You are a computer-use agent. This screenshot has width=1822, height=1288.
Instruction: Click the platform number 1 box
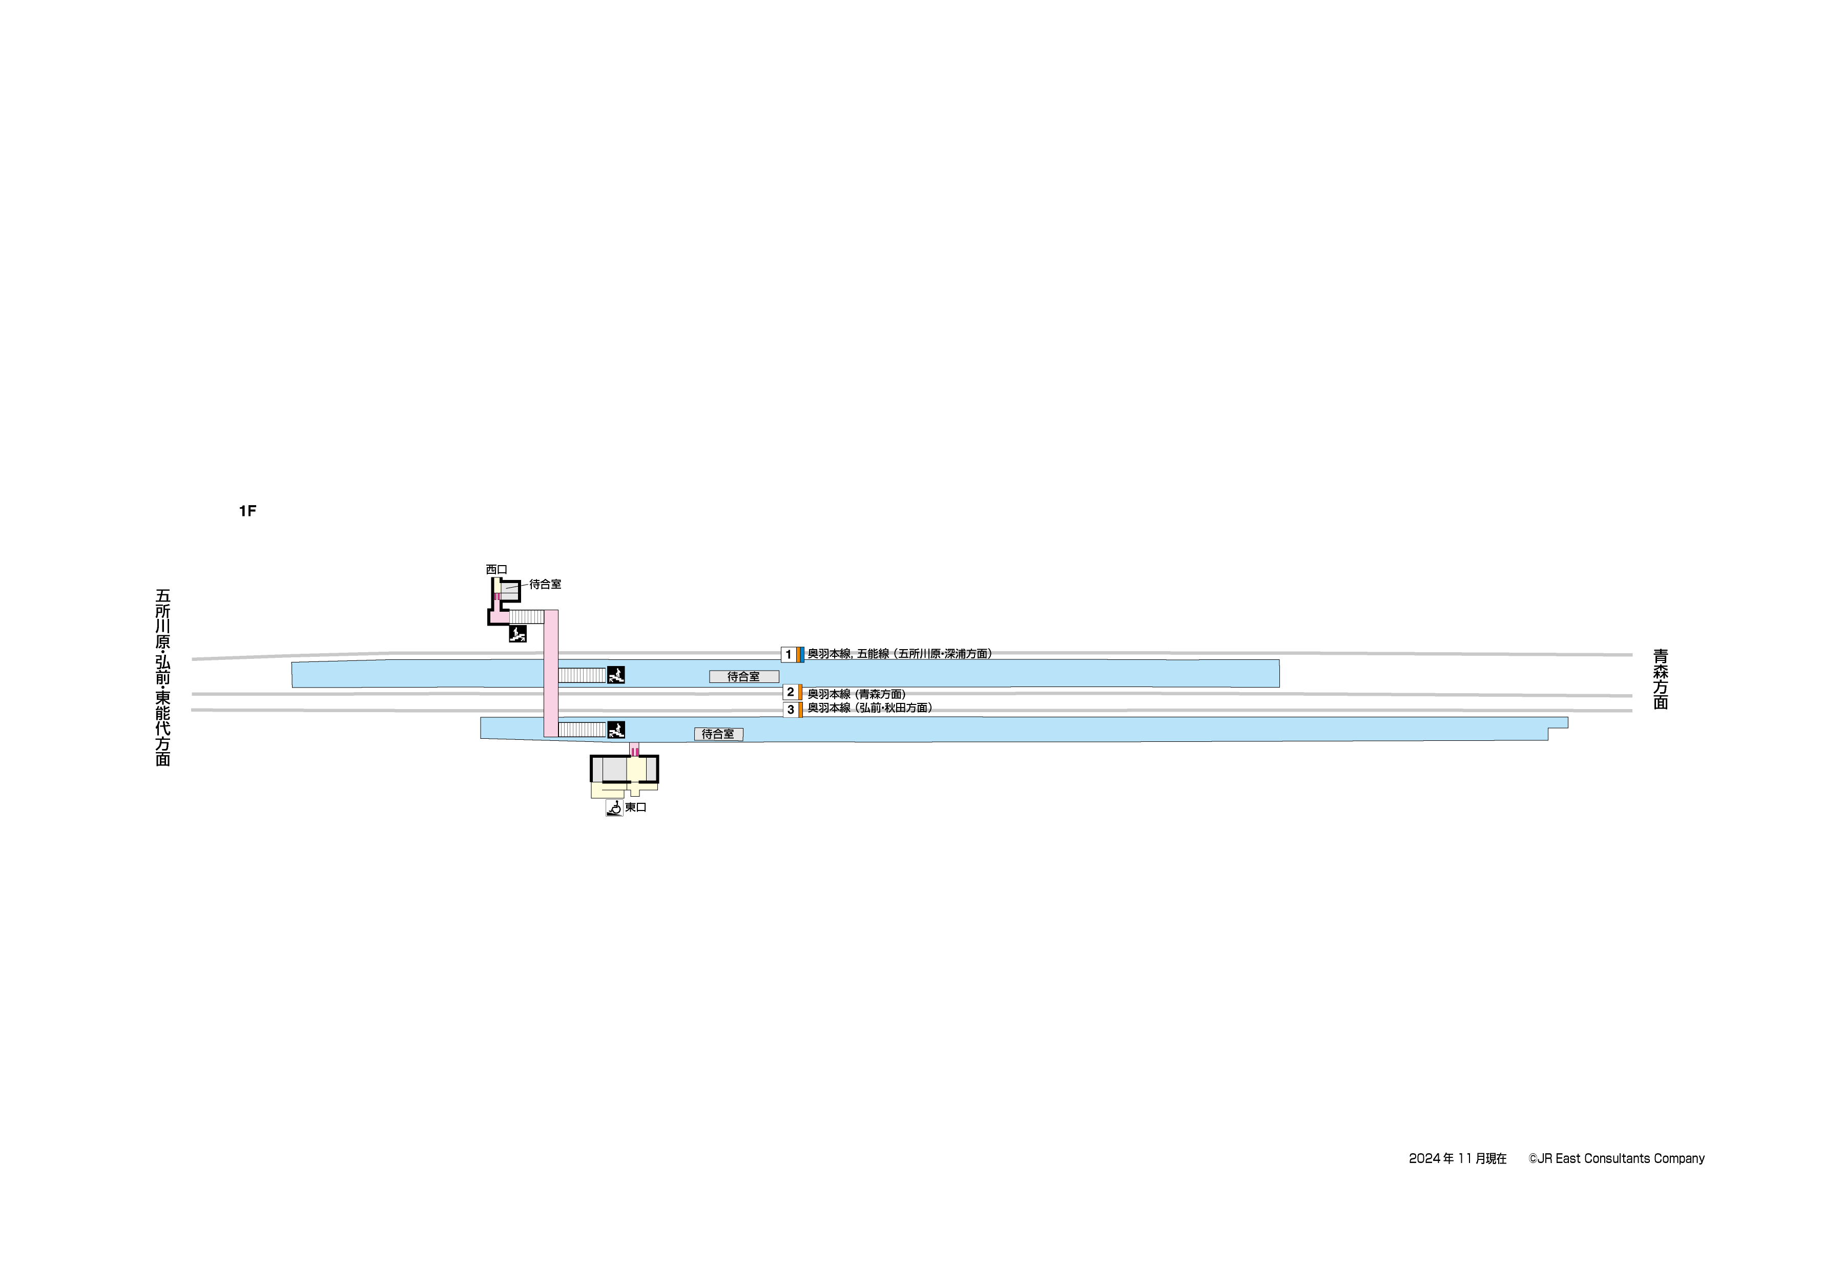788,655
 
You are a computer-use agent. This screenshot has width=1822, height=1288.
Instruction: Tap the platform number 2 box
791,692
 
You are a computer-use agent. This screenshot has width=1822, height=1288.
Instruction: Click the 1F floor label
247,511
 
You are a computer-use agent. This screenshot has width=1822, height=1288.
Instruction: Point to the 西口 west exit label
496,570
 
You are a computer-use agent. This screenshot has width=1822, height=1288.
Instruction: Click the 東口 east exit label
636,807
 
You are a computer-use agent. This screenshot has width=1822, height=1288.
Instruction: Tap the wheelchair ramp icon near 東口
614,808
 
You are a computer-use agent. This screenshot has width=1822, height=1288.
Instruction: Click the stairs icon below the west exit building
517,634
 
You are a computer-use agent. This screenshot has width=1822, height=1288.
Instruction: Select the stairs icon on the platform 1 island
616,675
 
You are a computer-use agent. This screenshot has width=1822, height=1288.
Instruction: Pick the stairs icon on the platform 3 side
616,730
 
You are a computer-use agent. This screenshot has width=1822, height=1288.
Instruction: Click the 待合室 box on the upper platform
743,677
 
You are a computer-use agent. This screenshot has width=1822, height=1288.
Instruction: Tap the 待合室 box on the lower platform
718,734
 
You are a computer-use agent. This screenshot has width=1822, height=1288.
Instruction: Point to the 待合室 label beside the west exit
545,584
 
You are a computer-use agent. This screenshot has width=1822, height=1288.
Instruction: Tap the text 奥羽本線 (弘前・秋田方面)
869,708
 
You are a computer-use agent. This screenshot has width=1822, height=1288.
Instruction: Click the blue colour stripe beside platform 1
802,655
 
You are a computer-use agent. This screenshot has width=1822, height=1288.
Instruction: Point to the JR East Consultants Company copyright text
1617,1159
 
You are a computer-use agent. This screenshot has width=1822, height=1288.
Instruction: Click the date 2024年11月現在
1457,1159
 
